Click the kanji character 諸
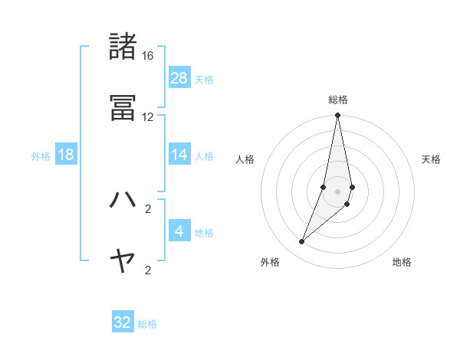(x=123, y=47)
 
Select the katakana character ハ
(x=123, y=199)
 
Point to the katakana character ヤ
(x=123, y=261)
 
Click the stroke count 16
(x=148, y=56)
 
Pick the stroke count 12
(x=148, y=117)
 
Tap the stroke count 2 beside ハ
(x=148, y=208)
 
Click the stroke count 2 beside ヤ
(x=148, y=270)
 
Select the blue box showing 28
(x=179, y=78)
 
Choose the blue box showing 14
(x=179, y=155)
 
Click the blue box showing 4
(x=179, y=231)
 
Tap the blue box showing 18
(x=66, y=155)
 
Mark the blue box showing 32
(x=123, y=322)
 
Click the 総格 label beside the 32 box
(x=147, y=324)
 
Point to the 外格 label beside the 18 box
(x=41, y=156)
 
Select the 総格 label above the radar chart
(x=338, y=100)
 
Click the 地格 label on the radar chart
(x=402, y=263)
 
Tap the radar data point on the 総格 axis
(x=337, y=116)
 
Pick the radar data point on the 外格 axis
(x=301, y=242)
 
